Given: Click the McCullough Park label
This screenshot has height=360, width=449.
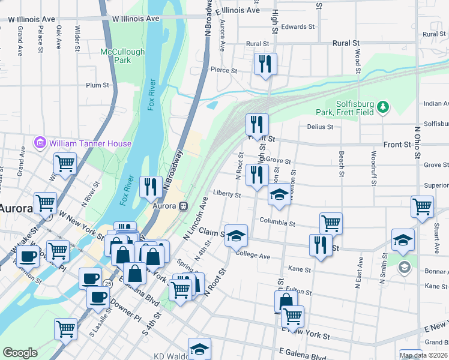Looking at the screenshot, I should click(122, 56).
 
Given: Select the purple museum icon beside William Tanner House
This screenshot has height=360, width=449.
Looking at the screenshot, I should click(40, 143).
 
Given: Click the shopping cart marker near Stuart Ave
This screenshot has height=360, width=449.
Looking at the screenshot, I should click(423, 206).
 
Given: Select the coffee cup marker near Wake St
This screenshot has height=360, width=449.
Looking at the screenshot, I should click(26, 256).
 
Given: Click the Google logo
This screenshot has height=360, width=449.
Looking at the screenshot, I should click(20, 353).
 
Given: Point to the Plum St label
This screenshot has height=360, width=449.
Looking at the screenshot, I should click(97, 86).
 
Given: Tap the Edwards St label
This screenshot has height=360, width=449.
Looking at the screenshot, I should click(298, 27).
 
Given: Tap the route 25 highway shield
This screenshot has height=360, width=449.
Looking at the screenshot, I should click(107, 283).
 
